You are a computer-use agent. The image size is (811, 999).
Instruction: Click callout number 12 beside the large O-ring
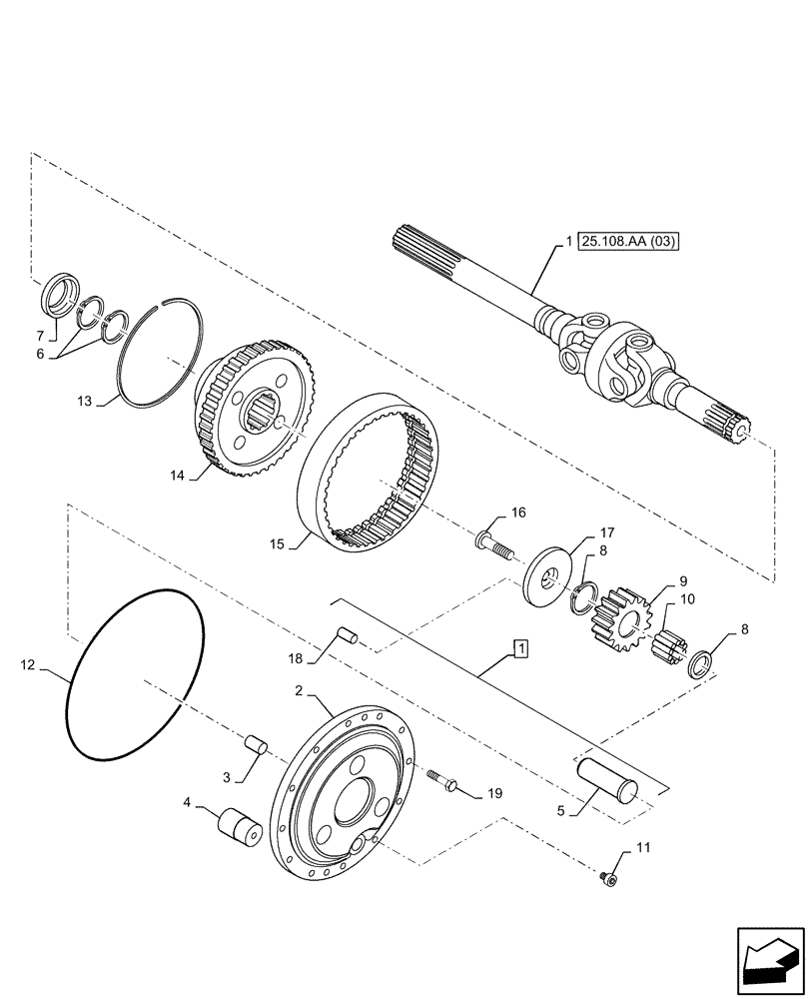tap(27, 663)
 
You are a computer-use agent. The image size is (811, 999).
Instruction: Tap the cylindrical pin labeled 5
tap(606, 776)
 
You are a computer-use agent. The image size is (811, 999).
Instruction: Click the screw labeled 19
tap(441, 780)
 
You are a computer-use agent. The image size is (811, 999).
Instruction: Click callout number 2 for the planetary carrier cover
tap(298, 689)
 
